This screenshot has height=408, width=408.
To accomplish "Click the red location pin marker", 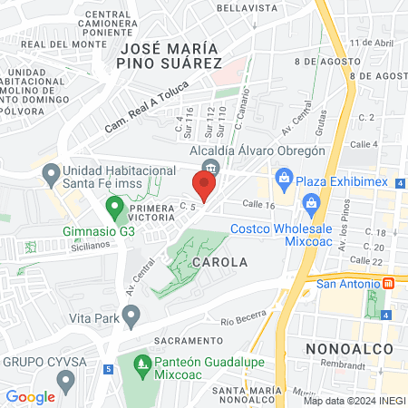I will (204, 187).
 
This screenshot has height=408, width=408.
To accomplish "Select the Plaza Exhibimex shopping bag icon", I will (284, 176).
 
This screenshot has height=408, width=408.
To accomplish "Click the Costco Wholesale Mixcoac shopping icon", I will (311, 202).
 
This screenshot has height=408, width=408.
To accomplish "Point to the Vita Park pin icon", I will (131, 316).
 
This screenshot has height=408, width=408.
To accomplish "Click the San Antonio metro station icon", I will (389, 283).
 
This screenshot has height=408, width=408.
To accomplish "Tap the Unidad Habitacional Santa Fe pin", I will (52, 170).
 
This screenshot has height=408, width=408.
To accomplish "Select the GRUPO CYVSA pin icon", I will (63, 376).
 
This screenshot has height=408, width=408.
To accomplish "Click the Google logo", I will (30, 396).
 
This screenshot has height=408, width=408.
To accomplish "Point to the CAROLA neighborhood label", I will (219, 262).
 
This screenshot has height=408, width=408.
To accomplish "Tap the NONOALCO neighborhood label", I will (349, 348).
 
